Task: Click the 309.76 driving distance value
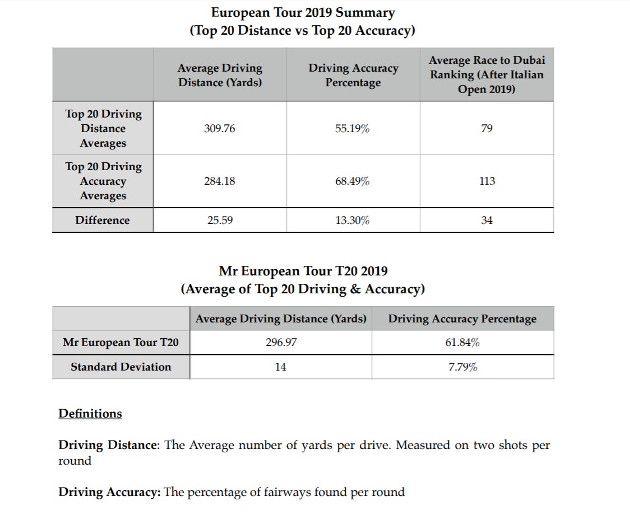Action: (x=220, y=129)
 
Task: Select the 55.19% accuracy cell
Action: (x=353, y=129)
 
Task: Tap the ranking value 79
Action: (x=487, y=129)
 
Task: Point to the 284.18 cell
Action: (x=220, y=181)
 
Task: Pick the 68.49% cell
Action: (x=353, y=181)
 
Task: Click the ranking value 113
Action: (x=487, y=181)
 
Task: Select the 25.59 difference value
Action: (x=220, y=221)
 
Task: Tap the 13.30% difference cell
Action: (x=353, y=221)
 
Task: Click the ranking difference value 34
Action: (x=487, y=221)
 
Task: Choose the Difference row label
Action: (x=103, y=221)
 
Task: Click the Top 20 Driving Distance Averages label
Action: (x=103, y=129)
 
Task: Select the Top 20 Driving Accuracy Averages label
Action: (x=103, y=181)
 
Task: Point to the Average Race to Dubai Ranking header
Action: (x=487, y=74)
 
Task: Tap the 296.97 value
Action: (x=281, y=343)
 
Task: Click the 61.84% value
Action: (x=462, y=343)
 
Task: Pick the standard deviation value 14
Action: (x=281, y=367)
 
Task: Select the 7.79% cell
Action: (x=462, y=367)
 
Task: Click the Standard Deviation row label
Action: (x=121, y=367)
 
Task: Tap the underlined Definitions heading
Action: (x=90, y=414)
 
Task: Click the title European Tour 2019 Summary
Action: (x=303, y=12)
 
